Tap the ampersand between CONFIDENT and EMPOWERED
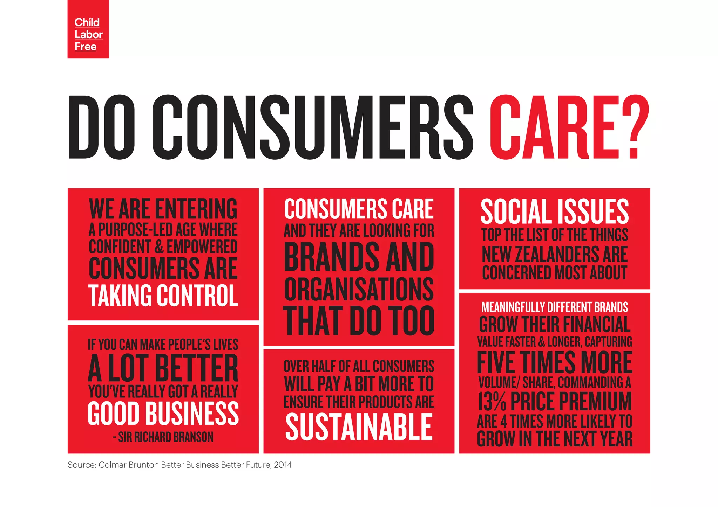point(159,247)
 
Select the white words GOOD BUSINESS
point(163,414)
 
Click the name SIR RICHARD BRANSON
point(166,437)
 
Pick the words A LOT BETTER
point(163,368)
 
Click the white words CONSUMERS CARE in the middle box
point(359,209)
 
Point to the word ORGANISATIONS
point(359,289)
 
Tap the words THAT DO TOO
point(359,320)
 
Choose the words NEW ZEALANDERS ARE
point(555,255)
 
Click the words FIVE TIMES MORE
point(555,362)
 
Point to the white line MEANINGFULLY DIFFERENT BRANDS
point(555,307)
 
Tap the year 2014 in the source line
point(283,465)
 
